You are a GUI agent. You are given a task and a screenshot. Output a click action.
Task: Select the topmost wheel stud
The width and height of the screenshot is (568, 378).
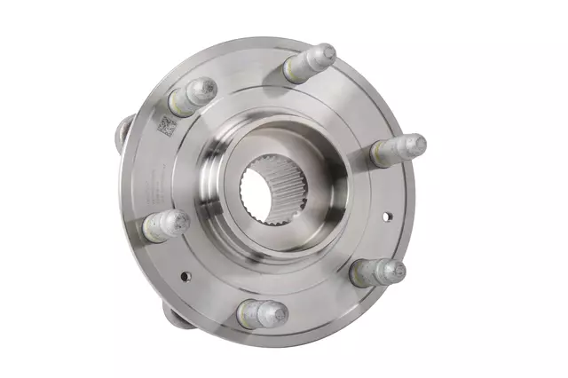pyautogui.click(x=310, y=63)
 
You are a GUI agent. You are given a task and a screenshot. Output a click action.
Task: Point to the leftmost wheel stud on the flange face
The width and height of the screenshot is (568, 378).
pyautogui.click(x=165, y=224)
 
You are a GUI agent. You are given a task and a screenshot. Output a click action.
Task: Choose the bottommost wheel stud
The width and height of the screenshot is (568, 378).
pyautogui.click(x=262, y=312)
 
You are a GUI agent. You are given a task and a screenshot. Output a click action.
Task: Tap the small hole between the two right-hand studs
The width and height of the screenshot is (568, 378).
pyautogui.click(x=388, y=215)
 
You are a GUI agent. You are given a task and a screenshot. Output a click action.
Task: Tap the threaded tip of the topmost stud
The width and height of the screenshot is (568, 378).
pyautogui.click(x=324, y=53)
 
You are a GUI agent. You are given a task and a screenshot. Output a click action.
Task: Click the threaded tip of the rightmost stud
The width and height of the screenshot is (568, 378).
pyautogui.click(x=414, y=144)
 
